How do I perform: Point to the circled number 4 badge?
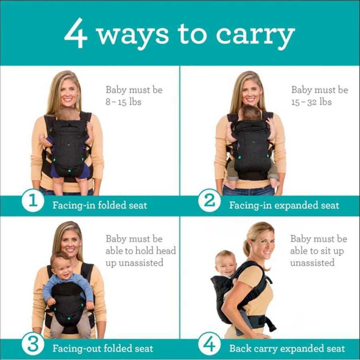tap(210, 344)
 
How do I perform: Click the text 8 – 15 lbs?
tap(123, 102)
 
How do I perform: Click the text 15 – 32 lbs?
tap(311, 102)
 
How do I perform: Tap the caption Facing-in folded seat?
tap(100, 206)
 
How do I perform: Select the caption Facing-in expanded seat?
tap(284, 206)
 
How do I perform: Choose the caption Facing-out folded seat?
tap(102, 348)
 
